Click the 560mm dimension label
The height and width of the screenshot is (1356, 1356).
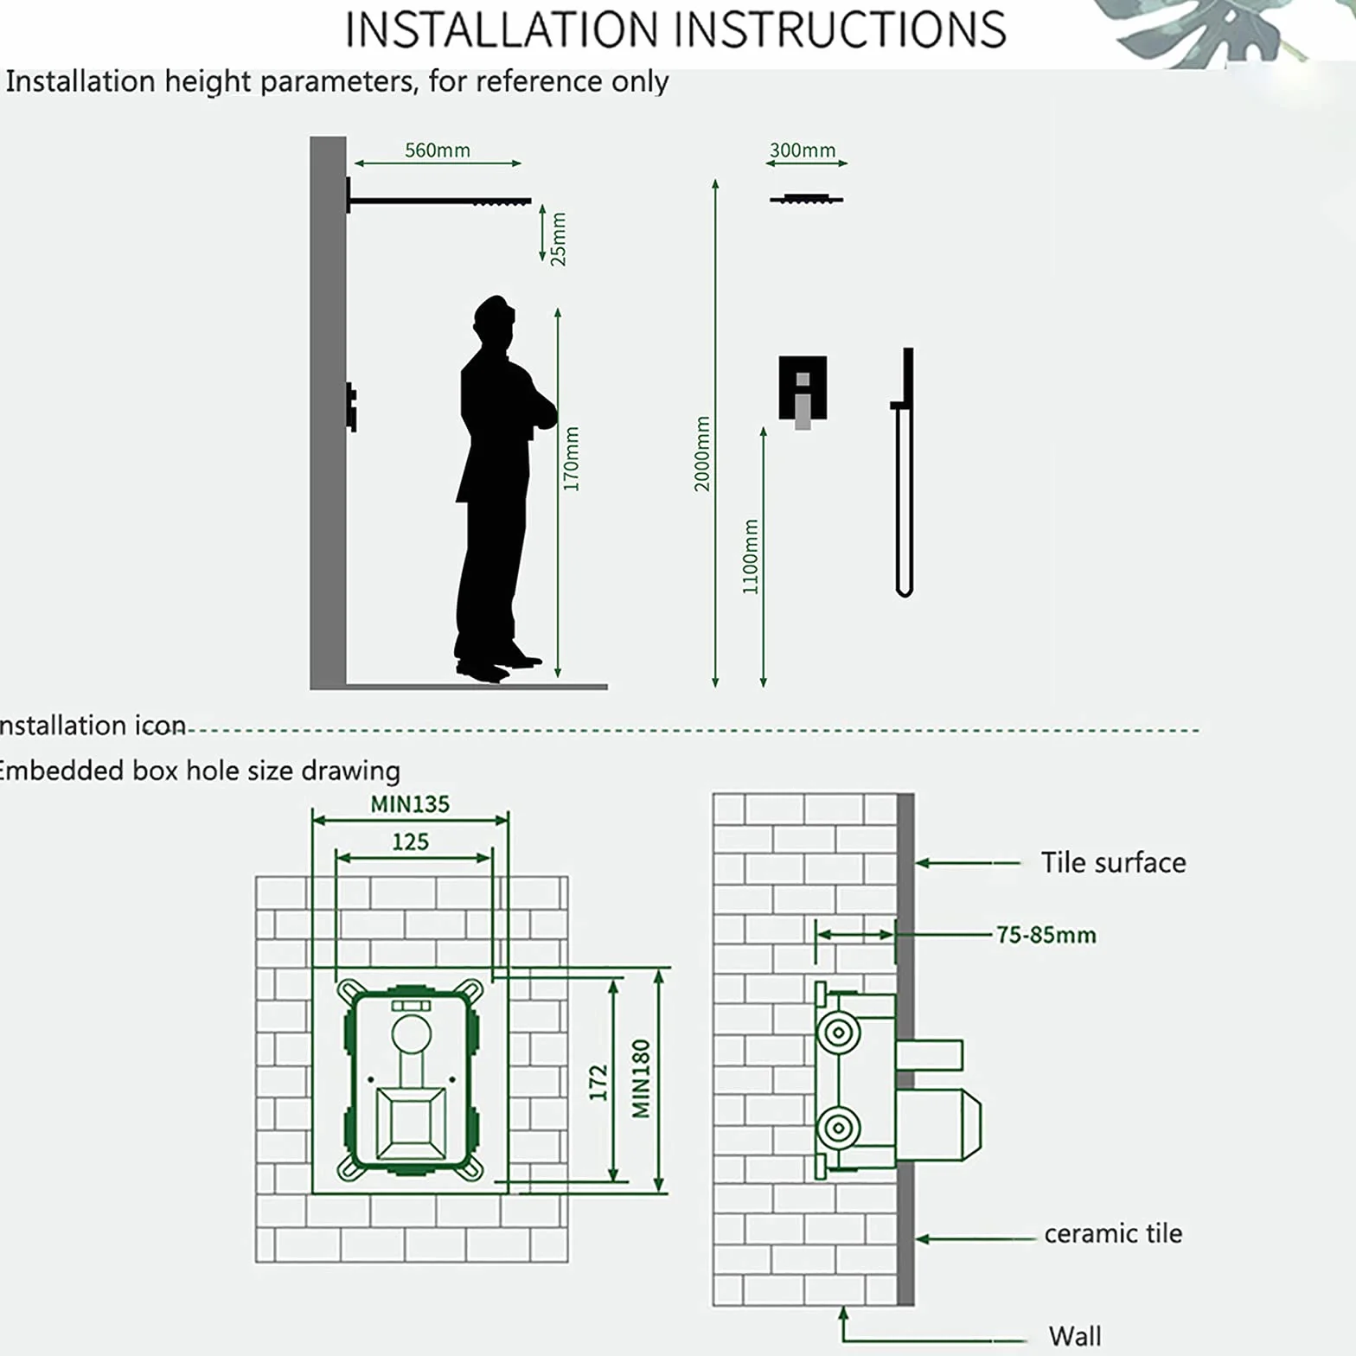(438, 150)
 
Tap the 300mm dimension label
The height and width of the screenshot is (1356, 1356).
(803, 150)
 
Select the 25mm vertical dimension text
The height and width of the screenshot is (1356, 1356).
(559, 239)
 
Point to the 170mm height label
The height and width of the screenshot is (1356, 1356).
(571, 458)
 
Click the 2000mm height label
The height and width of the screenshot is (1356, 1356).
(702, 453)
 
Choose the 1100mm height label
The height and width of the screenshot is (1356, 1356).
(751, 557)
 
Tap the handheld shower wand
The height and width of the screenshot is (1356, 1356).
(904, 472)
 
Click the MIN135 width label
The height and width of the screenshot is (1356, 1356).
(410, 804)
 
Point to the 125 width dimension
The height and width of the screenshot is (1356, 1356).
(410, 841)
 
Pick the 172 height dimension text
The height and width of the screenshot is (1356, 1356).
(598, 1083)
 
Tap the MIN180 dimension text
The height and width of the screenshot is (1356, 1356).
(641, 1078)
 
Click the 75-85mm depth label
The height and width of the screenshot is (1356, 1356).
(1046, 935)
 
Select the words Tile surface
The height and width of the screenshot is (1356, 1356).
(1113, 862)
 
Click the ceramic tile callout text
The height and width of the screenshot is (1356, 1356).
(1113, 1233)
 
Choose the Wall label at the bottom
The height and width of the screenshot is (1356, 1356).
(1075, 1336)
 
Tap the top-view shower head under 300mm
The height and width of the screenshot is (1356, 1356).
(806, 199)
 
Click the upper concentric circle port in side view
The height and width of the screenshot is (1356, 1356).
(838, 1032)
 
